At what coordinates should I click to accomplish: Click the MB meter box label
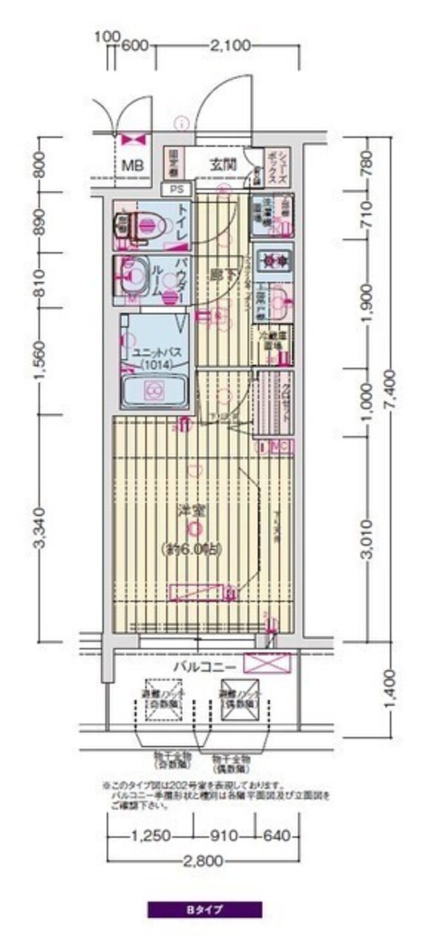[x=132, y=166]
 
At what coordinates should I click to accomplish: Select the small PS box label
[x=174, y=189]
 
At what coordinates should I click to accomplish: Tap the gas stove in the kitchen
[x=272, y=260]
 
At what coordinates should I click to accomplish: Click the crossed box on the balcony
[x=267, y=663]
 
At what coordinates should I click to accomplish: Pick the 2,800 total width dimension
[x=204, y=860]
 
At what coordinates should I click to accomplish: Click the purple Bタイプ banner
[x=204, y=910]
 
